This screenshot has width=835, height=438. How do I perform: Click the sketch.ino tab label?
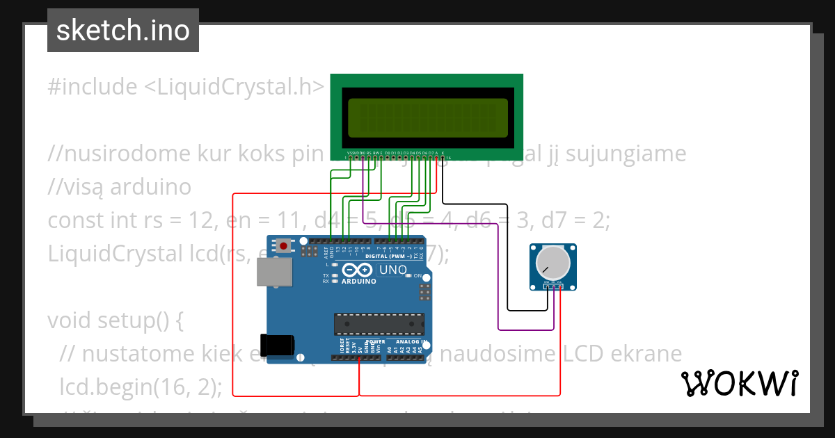coord(123,31)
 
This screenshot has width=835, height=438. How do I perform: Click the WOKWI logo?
coord(739,383)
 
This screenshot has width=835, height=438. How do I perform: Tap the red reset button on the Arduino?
coord(283,245)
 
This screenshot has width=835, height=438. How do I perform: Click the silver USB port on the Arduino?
coord(275,272)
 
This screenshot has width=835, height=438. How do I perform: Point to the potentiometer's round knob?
coord(548,262)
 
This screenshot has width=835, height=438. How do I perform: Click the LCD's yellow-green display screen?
coord(427,117)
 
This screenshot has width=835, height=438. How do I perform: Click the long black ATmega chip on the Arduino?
coord(379,324)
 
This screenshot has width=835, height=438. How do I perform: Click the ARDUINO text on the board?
coord(359,282)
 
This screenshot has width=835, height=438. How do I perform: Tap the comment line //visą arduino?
coord(119,187)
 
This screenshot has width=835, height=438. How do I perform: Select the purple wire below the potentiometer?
coord(526,328)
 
